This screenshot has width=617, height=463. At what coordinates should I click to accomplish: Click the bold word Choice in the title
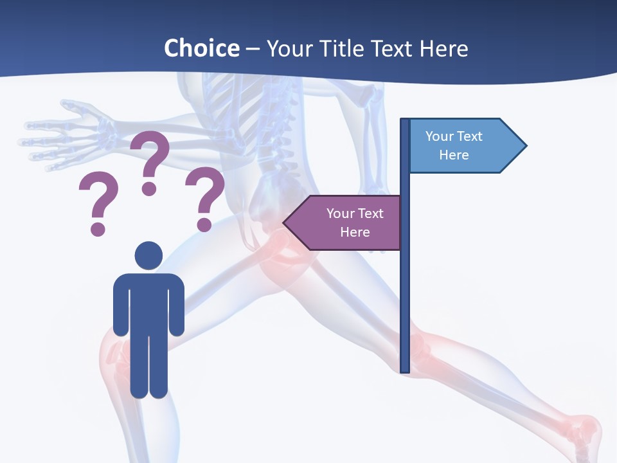pyautogui.click(x=201, y=48)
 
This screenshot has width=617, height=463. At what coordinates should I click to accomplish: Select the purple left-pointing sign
pyautogui.click(x=347, y=222)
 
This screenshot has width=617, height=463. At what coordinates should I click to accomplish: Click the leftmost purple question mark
pyautogui.click(x=98, y=203)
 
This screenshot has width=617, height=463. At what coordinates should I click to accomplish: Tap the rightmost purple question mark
pyautogui.click(x=205, y=197)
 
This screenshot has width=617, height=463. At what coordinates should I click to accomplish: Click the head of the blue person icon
pyautogui.click(x=148, y=255)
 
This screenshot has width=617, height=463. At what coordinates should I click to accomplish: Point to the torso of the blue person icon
pyautogui.click(x=148, y=302)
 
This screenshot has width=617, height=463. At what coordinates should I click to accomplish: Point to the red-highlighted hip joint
pyautogui.click(x=280, y=251)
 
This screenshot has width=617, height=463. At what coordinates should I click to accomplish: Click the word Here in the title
pyautogui.click(x=443, y=48)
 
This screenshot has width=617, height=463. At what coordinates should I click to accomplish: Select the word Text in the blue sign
pyautogui.click(x=470, y=136)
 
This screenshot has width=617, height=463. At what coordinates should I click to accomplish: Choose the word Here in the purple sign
pyautogui.click(x=355, y=232)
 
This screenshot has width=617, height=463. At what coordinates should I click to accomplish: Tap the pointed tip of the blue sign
pyautogui.click(x=525, y=145)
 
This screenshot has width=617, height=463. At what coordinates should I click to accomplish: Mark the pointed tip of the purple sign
pyautogui.click(x=285, y=223)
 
